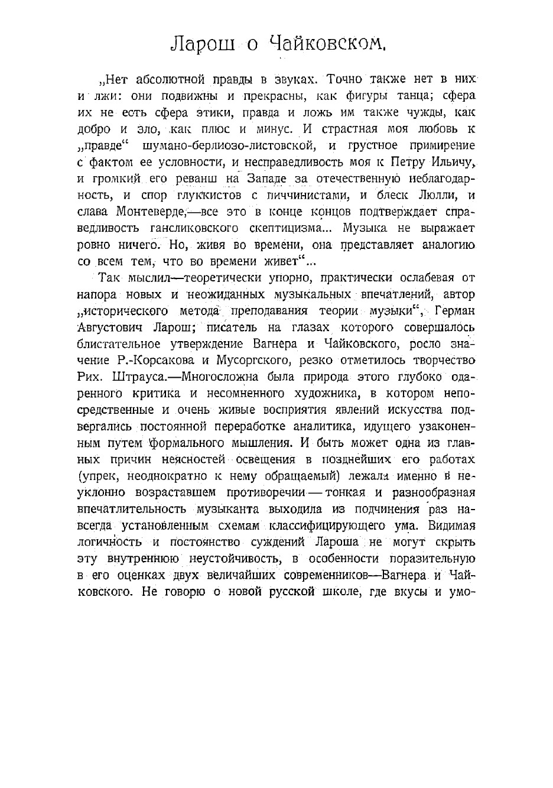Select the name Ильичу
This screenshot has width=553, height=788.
[x=447, y=162]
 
